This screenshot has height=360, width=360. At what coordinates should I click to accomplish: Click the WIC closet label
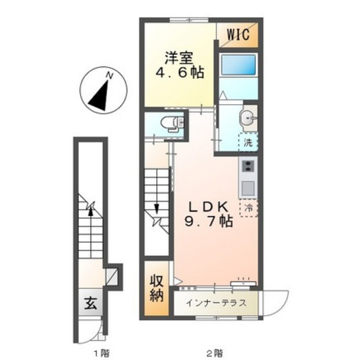tap(238, 35)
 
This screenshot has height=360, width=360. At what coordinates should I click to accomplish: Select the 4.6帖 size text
tap(180, 73)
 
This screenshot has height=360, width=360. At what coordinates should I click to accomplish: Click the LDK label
tap(208, 206)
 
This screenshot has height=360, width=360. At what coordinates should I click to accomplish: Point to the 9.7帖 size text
tap(208, 222)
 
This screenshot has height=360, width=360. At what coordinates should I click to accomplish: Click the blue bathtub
tap(238, 64)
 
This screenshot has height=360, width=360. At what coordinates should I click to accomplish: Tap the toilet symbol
tap(173, 124)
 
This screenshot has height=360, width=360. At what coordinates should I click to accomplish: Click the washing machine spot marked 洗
tap(248, 142)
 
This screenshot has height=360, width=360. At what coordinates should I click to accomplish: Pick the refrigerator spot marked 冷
tap(248, 208)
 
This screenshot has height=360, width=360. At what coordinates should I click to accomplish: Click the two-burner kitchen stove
tap(248, 166)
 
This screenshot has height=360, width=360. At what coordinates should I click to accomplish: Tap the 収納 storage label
tap(157, 289)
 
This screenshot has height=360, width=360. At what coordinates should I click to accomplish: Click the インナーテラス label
tap(216, 303)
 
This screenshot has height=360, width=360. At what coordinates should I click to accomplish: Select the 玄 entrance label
tap(91, 303)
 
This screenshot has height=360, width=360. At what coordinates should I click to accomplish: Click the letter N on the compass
tap(110, 75)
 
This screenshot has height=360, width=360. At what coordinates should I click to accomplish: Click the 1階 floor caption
tap(101, 352)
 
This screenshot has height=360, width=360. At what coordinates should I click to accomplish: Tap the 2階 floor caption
tap(215, 352)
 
